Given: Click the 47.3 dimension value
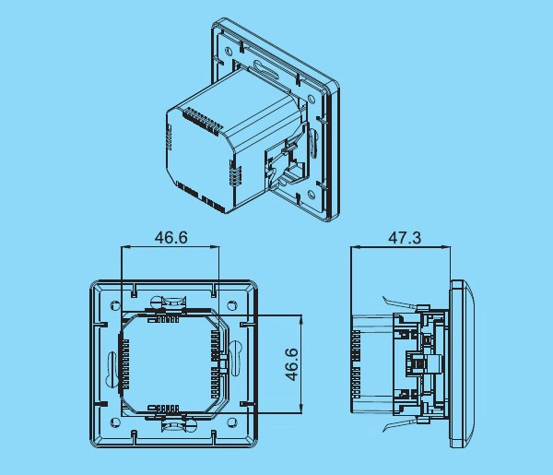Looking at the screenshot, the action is (x=405, y=238).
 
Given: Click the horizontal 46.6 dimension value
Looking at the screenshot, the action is (x=171, y=238).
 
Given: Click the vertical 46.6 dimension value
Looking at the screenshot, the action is (x=292, y=364).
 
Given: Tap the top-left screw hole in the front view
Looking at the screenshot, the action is (x=115, y=305).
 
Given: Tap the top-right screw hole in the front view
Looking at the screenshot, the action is (x=232, y=305).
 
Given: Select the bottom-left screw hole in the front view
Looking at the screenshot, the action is (x=115, y=422).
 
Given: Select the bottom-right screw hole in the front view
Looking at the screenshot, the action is (x=232, y=422).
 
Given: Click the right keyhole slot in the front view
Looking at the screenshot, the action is (x=235, y=357).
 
